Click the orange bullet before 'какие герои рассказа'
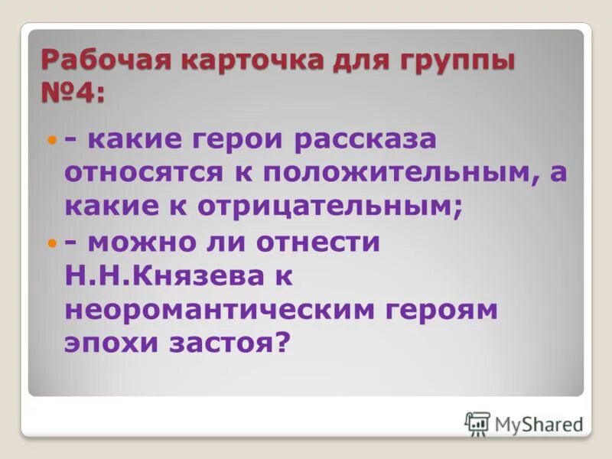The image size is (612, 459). pos(52,142)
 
